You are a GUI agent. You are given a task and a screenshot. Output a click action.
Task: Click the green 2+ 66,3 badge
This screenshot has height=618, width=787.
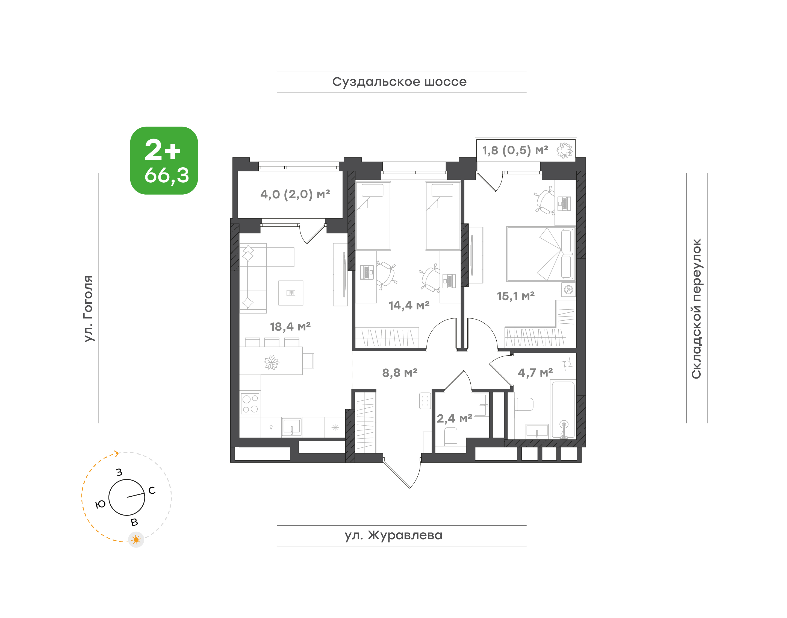pos(164,161)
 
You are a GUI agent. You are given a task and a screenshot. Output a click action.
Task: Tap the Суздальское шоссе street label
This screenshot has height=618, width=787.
pos(399,82)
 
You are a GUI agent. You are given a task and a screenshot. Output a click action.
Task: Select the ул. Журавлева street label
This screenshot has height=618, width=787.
pos(393,535)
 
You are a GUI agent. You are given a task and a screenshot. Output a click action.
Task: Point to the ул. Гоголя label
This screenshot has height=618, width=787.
pos(88,308)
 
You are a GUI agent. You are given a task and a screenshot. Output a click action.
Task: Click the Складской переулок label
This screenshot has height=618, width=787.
pos(696,309)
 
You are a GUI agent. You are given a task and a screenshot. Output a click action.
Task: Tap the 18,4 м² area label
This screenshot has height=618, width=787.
pos(290,327)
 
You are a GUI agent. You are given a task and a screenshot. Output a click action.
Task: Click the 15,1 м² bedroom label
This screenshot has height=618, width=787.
pos(515,296)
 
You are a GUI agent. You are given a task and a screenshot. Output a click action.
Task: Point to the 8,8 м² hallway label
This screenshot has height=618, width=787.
pos(400,372)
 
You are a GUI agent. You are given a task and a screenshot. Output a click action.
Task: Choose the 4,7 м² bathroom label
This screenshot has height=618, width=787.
pos(535,372)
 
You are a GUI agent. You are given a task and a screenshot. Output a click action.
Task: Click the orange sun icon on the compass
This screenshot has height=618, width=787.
pos(136,540)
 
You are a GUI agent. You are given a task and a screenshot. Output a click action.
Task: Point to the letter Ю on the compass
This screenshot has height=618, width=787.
pos(100,504)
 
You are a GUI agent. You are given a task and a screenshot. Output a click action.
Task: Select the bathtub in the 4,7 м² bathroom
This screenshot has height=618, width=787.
pos(563,410)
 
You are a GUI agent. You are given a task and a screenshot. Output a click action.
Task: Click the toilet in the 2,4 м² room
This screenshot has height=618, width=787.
pos(450,437)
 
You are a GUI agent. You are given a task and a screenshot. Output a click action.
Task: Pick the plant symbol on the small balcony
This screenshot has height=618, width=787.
pos(565,150)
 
